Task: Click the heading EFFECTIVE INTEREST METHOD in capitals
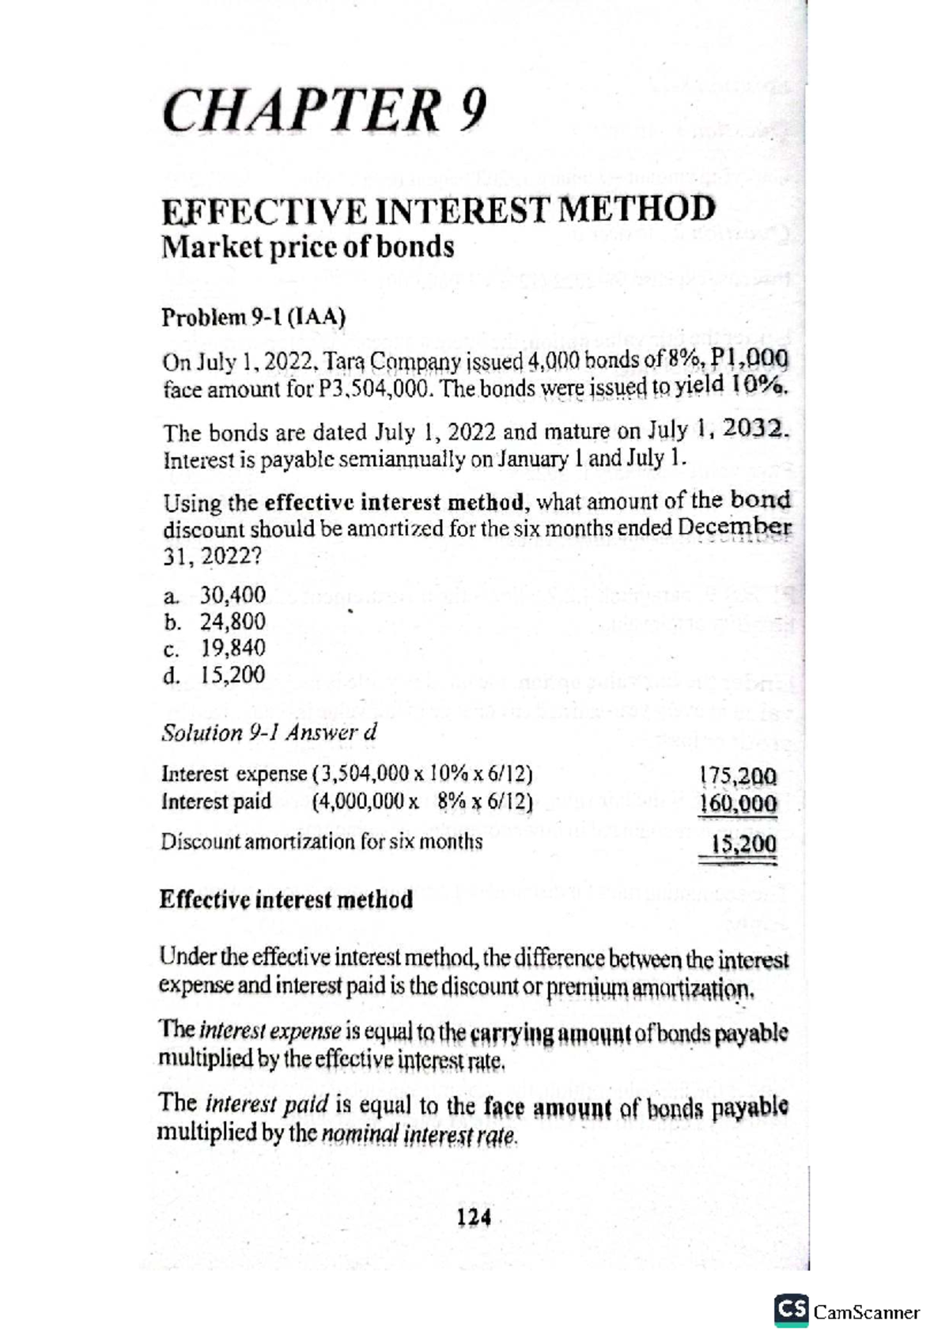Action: click(x=438, y=210)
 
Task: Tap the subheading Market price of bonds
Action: click(x=308, y=248)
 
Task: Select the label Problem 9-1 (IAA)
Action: click(x=253, y=318)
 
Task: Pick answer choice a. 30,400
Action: click(x=215, y=595)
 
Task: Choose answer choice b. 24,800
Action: click(x=215, y=622)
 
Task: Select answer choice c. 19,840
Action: click(x=215, y=649)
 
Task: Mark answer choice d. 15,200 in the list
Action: click(x=215, y=675)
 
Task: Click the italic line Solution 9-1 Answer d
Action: click(x=269, y=733)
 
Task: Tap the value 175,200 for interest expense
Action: click(x=738, y=775)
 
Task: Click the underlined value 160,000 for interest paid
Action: click(x=738, y=804)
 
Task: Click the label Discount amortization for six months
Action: click(x=321, y=842)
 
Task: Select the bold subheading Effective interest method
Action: click(x=285, y=900)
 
